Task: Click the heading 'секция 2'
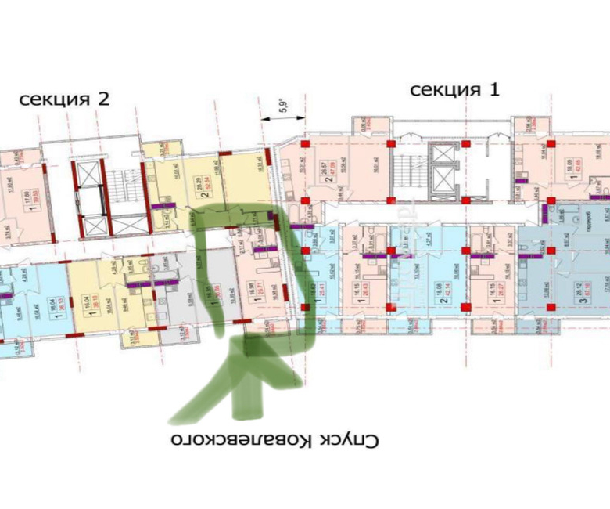pyautogui.click(x=64, y=99)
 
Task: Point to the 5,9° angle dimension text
pyautogui.click(x=280, y=104)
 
